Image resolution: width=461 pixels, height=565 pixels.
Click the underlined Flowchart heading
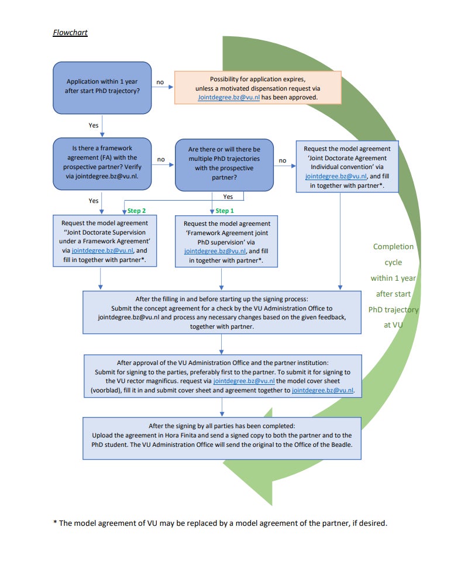[70, 32]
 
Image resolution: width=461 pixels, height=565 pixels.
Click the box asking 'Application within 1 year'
[102, 88]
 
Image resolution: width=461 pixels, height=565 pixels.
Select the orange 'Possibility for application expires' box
[258, 88]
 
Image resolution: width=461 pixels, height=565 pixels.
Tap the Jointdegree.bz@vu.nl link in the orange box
[229, 97]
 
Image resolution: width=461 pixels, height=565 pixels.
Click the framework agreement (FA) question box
[102, 164]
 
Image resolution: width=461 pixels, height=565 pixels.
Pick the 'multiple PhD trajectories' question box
[224, 165]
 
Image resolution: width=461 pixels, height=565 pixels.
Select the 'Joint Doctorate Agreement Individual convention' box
[347, 167]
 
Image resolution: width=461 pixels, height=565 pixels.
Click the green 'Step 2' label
[136, 211]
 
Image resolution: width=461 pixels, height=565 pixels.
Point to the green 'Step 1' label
[225, 211]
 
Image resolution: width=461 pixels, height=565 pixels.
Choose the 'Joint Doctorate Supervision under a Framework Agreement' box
[105, 241]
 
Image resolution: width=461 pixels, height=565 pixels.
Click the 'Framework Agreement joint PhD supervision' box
[226, 242]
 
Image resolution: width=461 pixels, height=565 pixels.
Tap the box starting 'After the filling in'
[222, 312]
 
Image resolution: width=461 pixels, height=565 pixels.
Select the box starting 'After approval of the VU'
[223, 376]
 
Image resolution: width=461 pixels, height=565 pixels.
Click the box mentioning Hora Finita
[222, 438]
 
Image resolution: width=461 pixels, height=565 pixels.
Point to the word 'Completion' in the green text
[393, 246]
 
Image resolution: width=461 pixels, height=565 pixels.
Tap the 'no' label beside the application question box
[160, 82]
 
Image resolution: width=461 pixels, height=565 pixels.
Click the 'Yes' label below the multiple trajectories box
[228, 197]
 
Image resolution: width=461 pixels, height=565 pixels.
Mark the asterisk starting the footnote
[55, 522]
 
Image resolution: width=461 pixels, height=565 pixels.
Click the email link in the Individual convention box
[336, 176]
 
